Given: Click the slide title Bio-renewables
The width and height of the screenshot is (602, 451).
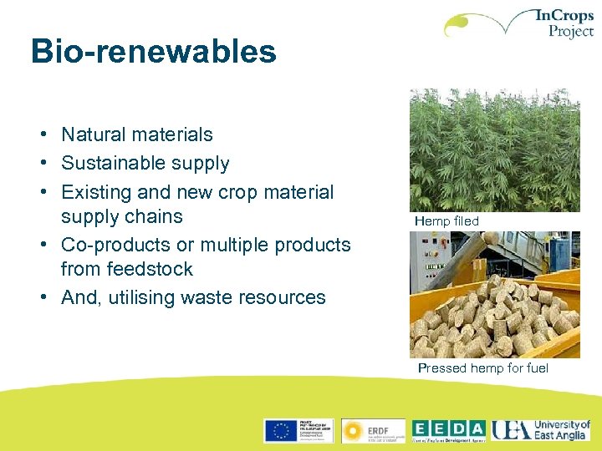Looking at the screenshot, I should [x=153, y=52].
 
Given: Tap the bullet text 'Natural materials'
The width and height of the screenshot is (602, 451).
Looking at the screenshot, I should [x=137, y=134].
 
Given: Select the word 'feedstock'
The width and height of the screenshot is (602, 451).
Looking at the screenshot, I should [x=150, y=269].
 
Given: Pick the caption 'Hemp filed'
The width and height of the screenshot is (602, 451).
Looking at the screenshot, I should [x=446, y=221].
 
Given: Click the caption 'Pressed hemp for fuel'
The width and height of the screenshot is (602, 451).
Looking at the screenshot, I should [x=483, y=368].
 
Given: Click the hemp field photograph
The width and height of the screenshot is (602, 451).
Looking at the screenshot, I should [x=494, y=150].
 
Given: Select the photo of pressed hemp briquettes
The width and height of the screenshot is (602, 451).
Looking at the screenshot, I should [x=494, y=295].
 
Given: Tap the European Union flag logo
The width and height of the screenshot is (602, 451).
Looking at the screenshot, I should [x=281, y=430].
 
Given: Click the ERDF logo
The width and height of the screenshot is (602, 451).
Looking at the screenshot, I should [x=373, y=430].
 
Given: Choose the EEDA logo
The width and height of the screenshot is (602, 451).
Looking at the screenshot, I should [x=449, y=430].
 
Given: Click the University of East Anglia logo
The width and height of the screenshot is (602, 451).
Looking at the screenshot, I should [x=541, y=430].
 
